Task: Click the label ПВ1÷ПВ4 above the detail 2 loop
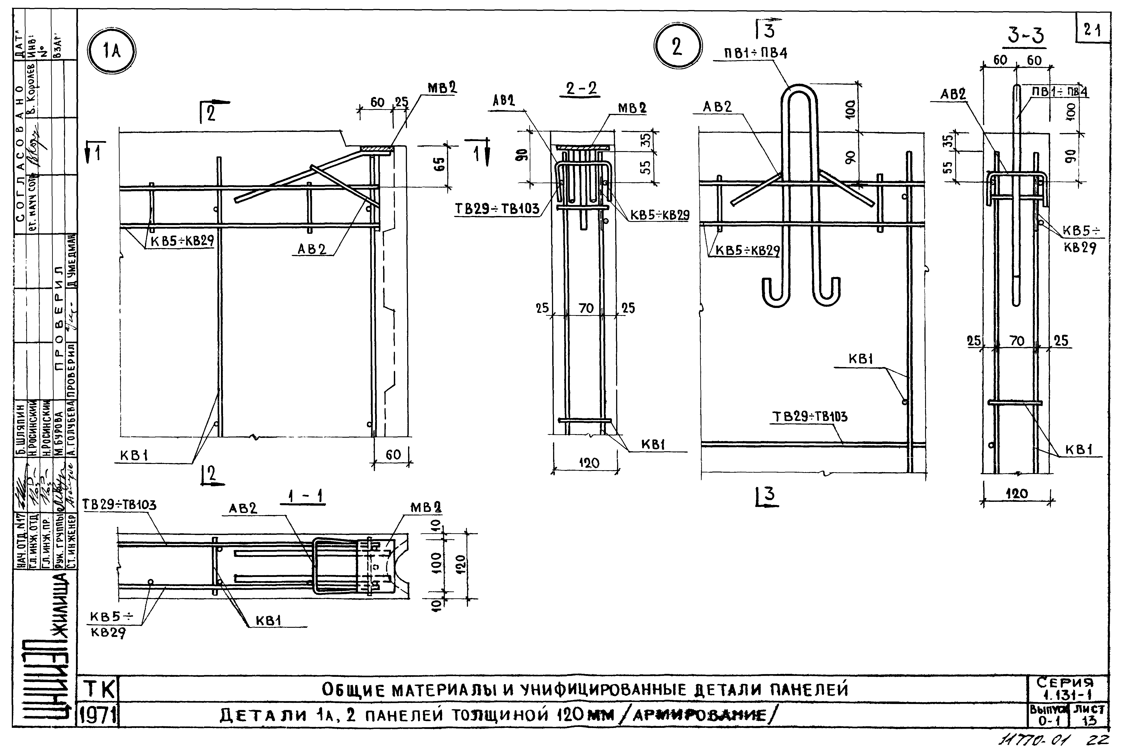tap(756, 53)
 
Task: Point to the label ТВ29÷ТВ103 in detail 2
tap(809, 416)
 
